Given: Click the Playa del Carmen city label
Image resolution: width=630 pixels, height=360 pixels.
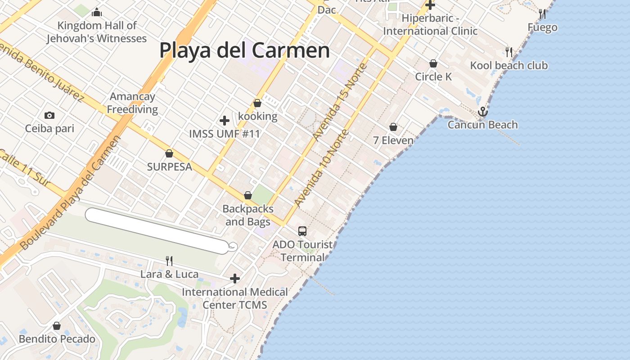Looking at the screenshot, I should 244,50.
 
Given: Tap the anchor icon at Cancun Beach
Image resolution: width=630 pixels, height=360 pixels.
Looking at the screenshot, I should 483,111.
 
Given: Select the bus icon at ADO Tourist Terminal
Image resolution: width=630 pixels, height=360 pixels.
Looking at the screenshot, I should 302,231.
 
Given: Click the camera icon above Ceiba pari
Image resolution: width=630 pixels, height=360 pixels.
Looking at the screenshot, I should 49,116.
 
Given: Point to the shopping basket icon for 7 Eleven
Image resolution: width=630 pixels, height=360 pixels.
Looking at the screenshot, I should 393,127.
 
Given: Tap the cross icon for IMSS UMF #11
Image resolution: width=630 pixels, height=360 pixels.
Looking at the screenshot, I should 224,121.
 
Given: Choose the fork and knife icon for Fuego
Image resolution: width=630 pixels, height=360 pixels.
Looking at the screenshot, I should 542,14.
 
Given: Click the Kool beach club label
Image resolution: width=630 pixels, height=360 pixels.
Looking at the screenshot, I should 509,66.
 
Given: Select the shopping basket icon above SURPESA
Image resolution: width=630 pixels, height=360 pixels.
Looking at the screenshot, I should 169,154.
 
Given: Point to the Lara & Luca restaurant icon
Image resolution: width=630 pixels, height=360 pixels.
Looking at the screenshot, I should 169,261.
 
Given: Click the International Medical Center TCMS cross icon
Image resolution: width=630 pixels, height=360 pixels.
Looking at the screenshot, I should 234,279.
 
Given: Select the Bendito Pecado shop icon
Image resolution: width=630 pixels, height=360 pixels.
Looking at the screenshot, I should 57,326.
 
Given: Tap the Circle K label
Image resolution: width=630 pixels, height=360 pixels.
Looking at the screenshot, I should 433,77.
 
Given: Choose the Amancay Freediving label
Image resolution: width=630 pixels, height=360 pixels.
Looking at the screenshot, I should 132,103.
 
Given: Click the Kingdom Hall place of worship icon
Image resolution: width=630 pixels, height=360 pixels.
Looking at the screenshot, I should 96,13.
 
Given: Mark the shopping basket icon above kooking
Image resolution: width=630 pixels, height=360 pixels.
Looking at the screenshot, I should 257,103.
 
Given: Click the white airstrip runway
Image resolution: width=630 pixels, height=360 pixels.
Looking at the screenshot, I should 157,231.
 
